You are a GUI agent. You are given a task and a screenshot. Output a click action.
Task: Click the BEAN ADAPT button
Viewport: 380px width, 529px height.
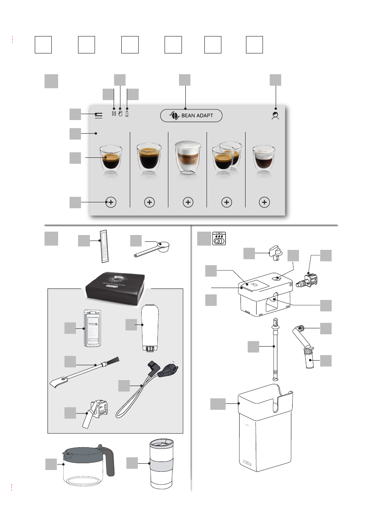click(191, 115)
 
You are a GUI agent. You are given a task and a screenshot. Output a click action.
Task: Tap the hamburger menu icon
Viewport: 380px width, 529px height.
click(99, 115)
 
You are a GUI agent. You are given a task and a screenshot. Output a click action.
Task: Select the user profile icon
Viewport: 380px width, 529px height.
click(276, 115)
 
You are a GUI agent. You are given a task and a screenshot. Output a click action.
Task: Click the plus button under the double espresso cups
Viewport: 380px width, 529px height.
click(226, 202)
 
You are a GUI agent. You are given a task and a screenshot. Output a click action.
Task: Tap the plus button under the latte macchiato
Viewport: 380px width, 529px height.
click(188, 202)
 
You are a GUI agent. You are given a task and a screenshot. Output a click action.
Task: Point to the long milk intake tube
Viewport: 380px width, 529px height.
click(275, 348)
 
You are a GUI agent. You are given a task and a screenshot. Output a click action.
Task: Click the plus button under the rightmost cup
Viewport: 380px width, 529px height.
click(265, 202)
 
